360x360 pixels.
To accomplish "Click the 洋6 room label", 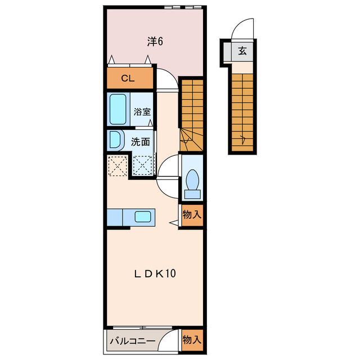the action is point(155,42).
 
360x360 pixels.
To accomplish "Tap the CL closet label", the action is point(128,79).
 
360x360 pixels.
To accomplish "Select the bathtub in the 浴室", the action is point(118,109).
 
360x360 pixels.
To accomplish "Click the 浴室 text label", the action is point(142,112).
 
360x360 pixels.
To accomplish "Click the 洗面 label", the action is point(140,142).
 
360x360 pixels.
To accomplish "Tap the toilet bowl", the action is point(192,180).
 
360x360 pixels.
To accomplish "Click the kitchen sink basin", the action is point(142,217).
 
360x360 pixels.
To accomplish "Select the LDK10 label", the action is point(155,273).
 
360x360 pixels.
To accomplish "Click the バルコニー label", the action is point(133,341).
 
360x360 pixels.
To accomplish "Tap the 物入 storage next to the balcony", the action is point(192,340).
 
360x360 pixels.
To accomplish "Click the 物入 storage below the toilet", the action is point(192,215).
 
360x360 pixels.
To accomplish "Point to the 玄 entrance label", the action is point(242,51).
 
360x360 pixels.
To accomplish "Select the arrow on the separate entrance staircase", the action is point(243,139).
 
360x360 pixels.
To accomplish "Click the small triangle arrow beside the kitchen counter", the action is point(173,223).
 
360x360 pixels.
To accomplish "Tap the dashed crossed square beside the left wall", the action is point(118,166).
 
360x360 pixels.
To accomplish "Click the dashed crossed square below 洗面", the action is point(142,166).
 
